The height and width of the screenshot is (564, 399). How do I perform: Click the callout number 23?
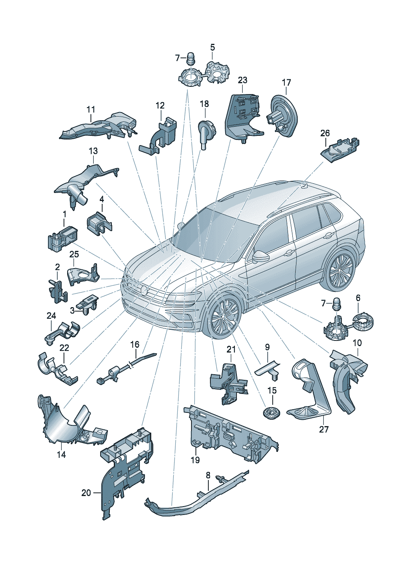(242, 80)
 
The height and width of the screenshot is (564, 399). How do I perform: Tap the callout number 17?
(286, 82)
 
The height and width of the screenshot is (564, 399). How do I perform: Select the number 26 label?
(325, 133)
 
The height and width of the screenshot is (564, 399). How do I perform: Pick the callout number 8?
(208, 476)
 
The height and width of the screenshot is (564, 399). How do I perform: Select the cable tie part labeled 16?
(126, 369)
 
